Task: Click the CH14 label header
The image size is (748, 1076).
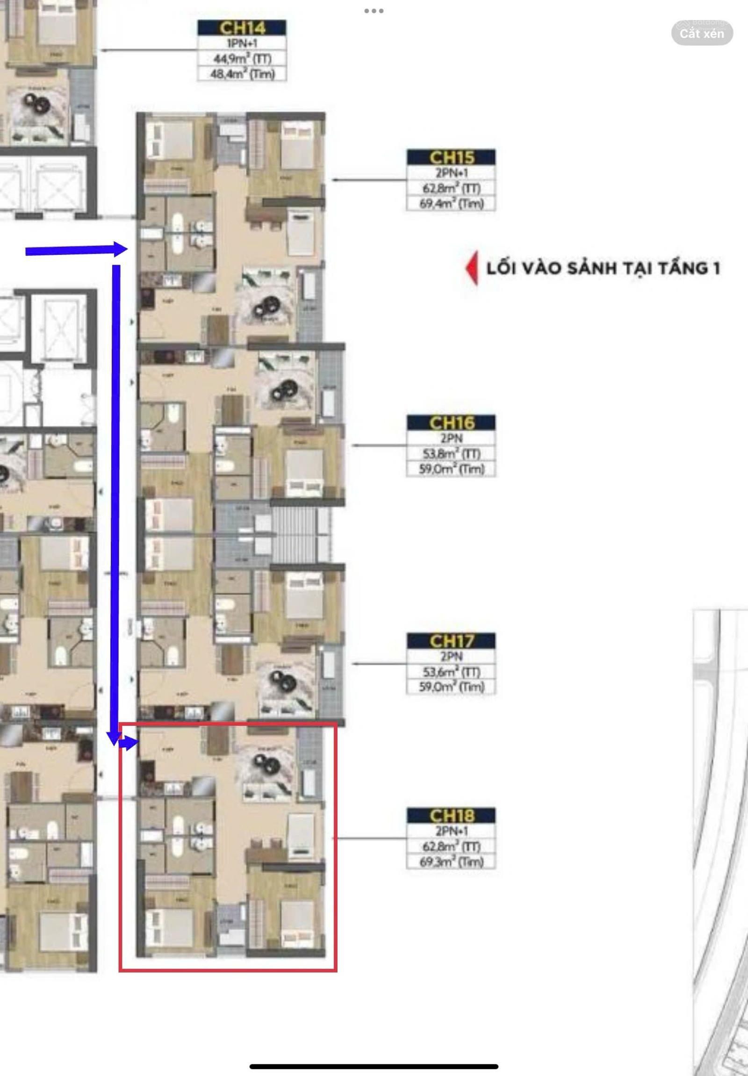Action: [241, 28]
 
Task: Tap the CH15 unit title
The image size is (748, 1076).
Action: [451, 157]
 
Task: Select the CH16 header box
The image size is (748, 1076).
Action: [451, 422]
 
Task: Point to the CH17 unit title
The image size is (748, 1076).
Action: [451, 640]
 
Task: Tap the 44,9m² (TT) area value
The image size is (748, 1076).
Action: [241, 58]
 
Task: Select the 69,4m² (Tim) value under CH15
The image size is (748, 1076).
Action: [451, 203]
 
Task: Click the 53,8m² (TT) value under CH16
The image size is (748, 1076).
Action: [451, 453]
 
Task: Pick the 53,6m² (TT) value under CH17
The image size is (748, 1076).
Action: [451, 672]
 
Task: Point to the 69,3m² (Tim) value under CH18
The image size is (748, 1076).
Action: [451, 862]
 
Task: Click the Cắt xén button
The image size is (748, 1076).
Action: [702, 33]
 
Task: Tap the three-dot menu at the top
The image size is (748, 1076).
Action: [374, 11]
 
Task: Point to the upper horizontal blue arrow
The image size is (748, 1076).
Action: [75, 250]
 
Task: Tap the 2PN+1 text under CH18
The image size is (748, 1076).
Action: [451, 831]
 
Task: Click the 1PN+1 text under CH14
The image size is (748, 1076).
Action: [241, 43]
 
